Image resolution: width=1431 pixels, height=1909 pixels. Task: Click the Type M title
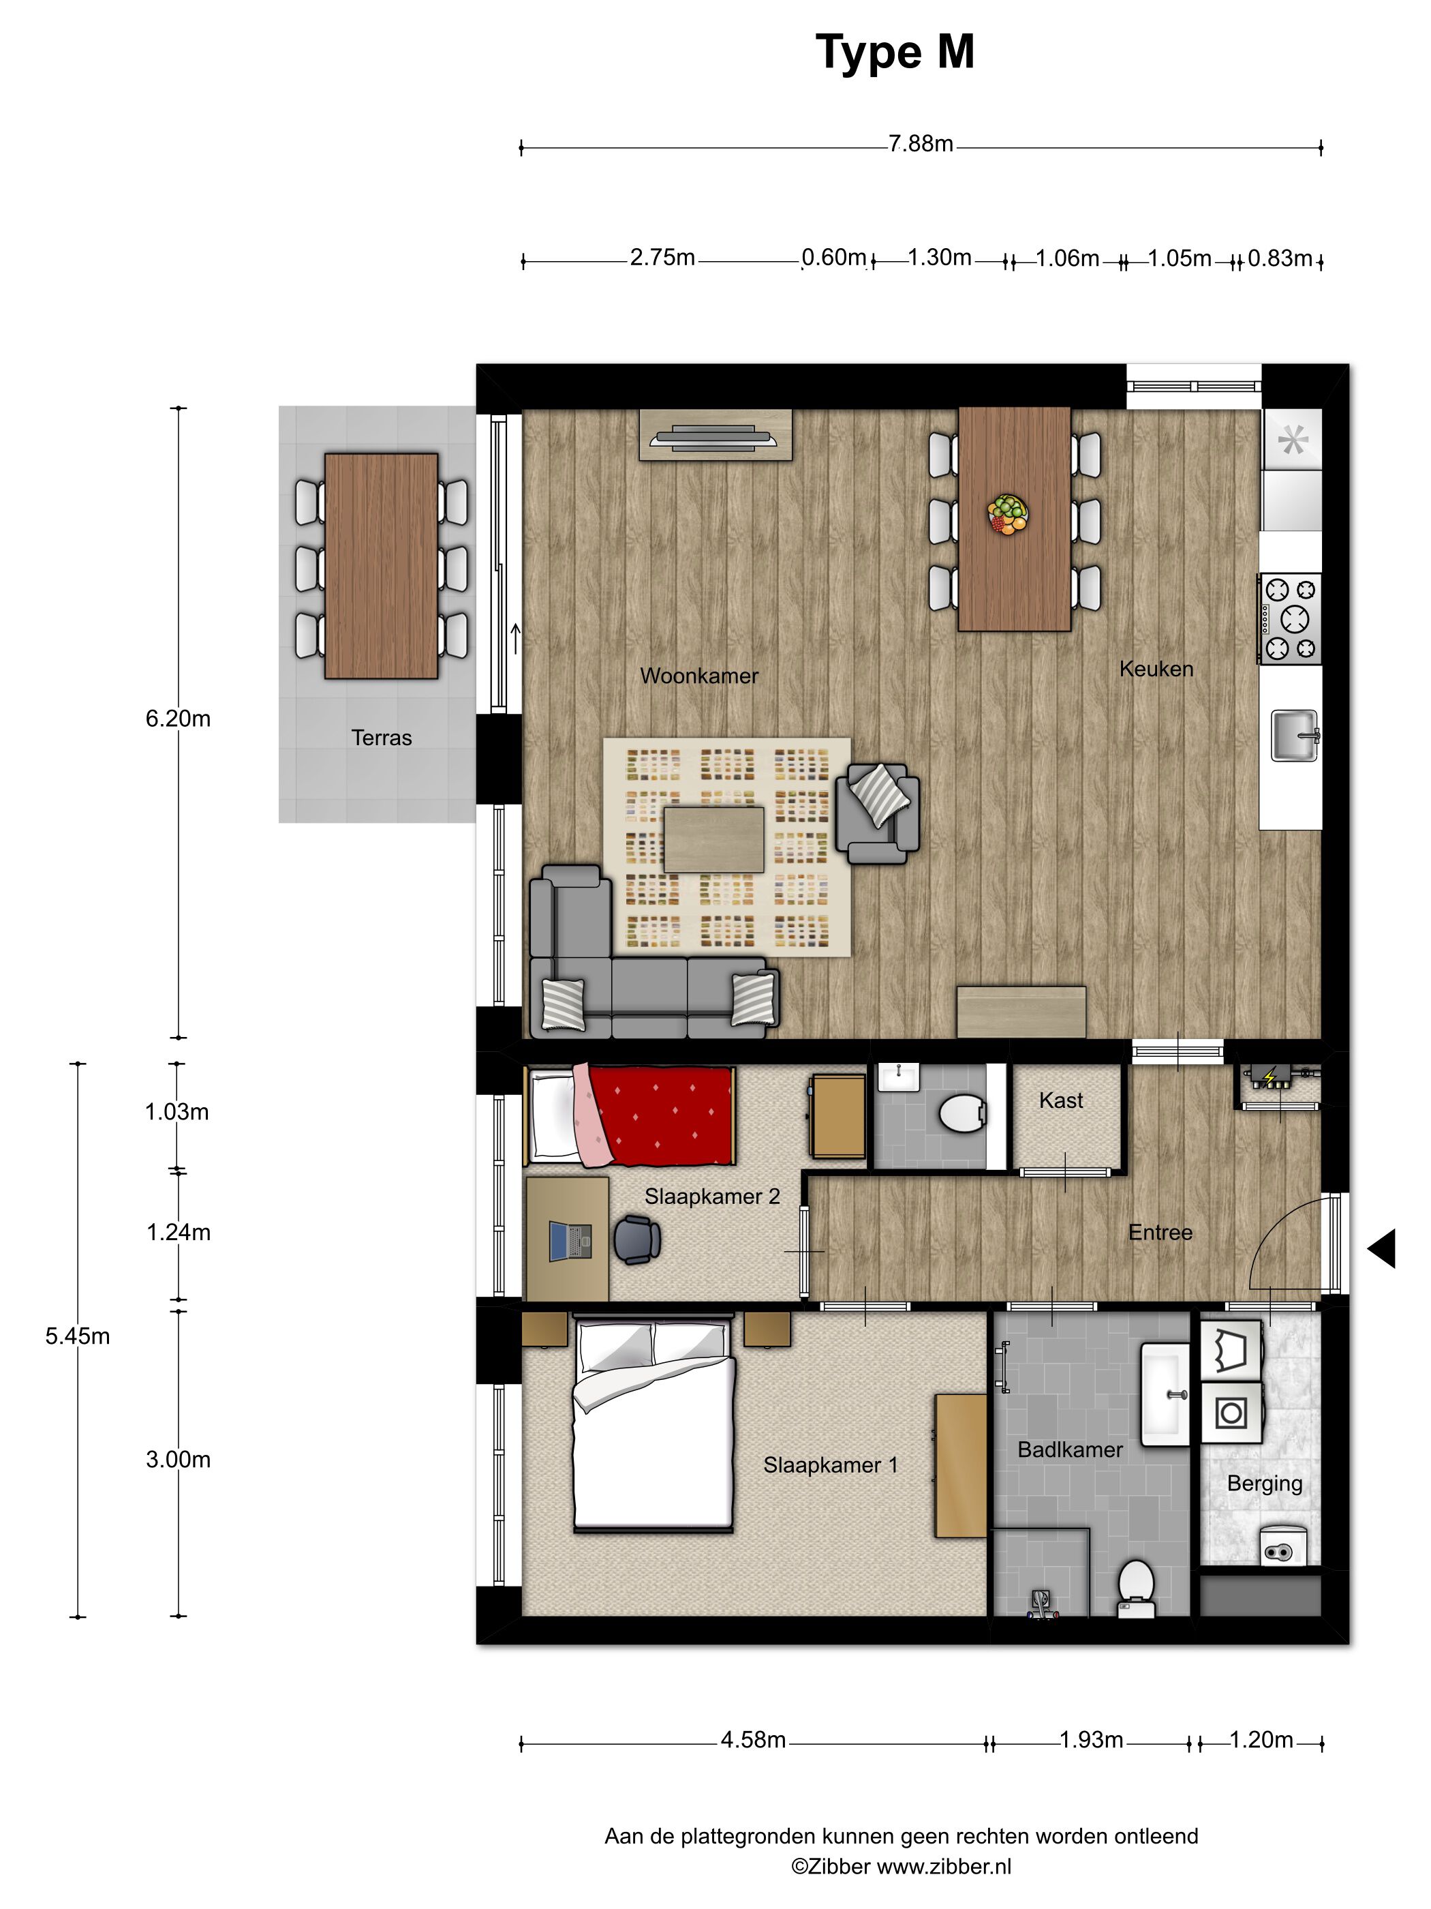pos(895,53)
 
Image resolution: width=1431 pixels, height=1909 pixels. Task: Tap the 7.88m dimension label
pos(921,144)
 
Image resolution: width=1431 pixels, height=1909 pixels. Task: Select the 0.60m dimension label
pos(833,257)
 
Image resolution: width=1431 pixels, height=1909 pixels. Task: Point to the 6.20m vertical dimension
pos(178,718)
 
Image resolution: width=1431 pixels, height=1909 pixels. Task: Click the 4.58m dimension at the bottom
pos(753,1740)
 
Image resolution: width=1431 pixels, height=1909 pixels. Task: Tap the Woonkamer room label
pos(698,676)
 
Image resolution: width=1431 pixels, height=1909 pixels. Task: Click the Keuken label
pos(1156,669)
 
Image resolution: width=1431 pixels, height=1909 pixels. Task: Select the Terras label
pos(381,738)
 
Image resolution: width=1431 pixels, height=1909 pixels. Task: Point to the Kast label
pos(1060,1100)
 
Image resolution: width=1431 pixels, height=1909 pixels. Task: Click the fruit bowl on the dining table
pos(1007,513)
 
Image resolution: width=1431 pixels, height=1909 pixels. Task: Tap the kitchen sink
pos(1294,735)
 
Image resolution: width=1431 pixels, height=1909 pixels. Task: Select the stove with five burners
pos(1289,619)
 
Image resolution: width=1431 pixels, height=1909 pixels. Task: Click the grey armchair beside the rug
pos(876,813)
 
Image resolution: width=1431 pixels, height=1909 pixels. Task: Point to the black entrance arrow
pos(1382,1248)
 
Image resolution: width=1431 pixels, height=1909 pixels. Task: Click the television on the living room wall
pos(715,437)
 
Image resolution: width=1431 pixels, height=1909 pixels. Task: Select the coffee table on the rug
pos(713,839)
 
